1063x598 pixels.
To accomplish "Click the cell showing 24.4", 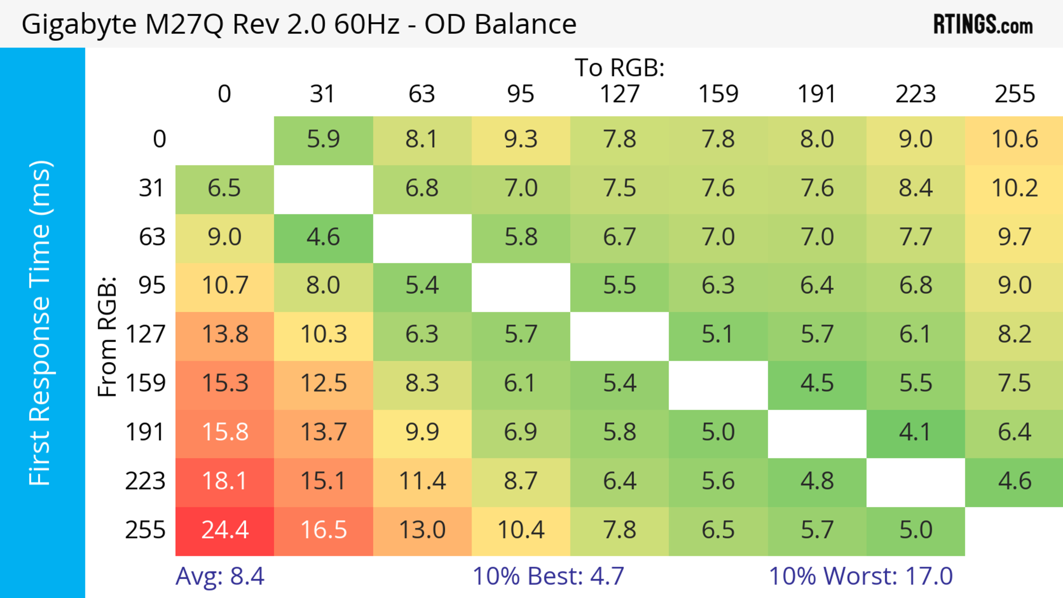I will [x=225, y=530].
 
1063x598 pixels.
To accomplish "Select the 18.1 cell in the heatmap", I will [x=225, y=482].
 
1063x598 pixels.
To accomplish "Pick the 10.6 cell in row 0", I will [x=1014, y=140].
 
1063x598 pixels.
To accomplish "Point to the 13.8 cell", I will [x=225, y=335].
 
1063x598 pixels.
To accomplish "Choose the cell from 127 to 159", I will [x=718, y=335].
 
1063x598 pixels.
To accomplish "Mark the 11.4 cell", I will [x=422, y=482].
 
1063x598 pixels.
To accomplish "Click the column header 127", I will [x=620, y=94].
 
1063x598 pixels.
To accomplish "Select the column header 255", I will [x=1014, y=94].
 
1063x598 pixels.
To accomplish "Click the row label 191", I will [x=145, y=433].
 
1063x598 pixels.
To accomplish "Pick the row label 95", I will [x=152, y=286].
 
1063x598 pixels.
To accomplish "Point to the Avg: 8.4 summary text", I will [x=220, y=577].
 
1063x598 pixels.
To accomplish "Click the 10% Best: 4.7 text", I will [x=548, y=577].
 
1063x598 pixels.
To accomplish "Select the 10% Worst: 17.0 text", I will [x=861, y=577].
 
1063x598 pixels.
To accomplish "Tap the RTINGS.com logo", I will [x=983, y=24].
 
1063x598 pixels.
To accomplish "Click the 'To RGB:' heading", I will [x=620, y=68].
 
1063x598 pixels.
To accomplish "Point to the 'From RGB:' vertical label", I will [x=108, y=337].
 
